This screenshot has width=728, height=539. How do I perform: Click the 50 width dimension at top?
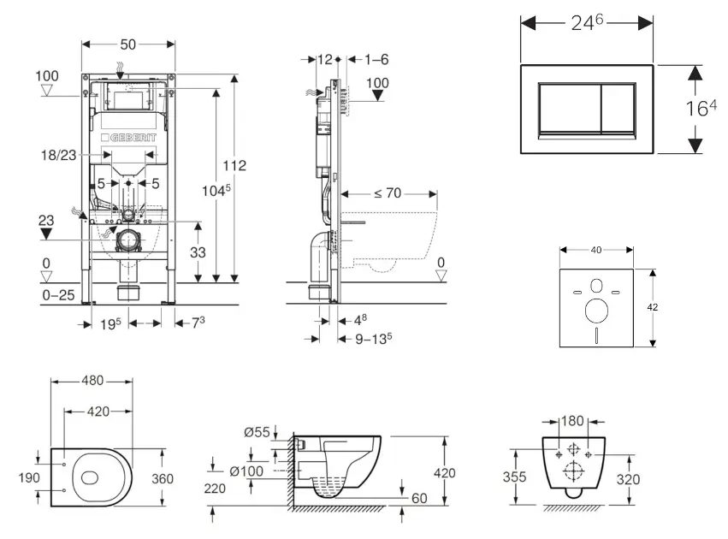coord(129,43)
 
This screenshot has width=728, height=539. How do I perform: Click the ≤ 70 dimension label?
coord(388,193)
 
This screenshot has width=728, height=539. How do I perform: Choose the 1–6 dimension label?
coord(376,59)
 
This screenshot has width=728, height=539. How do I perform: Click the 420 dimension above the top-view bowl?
coord(97,412)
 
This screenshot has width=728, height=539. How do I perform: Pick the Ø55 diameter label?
coord(257,432)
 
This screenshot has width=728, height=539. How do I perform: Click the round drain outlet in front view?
coord(129,240)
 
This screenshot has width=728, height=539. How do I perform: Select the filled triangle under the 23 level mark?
coord(46,234)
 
